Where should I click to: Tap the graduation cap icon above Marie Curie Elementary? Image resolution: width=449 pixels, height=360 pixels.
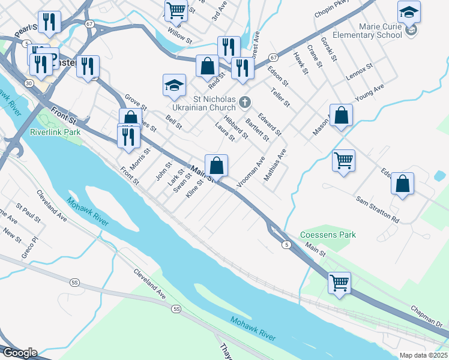[x=409, y=12]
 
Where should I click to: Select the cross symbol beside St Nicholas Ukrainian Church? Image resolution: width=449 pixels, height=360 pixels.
[x=244, y=103]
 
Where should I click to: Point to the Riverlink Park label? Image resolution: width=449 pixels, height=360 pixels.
[x=55, y=131]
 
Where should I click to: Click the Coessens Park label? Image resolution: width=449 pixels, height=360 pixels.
[x=328, y=235]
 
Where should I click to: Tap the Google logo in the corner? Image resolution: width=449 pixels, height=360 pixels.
[x=19, y=353]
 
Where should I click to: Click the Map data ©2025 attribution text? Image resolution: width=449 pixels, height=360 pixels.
[x=423, y=355]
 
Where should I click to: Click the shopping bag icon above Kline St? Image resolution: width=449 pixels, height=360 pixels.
[x=216, y=165]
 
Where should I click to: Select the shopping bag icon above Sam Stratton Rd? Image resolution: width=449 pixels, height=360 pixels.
[x=402, y=184]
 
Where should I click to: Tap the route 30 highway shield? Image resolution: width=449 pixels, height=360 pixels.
[x=29, y=83]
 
